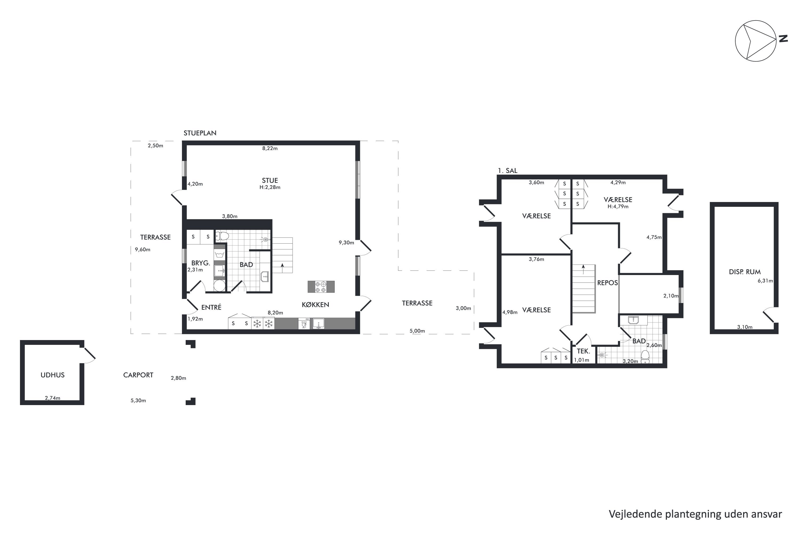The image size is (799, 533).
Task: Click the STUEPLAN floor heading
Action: (x=200, y=133)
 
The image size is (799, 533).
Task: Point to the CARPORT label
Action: (x=138, y=375)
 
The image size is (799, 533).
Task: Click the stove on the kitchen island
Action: (x=321, y=286)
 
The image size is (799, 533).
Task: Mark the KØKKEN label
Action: (x=315, y=305)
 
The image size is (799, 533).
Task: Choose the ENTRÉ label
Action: (x=211, y=307)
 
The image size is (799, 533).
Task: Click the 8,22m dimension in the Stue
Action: (x=270, y=148)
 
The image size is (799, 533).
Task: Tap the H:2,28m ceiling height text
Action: (x=270, y=187)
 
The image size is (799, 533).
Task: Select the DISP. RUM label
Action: (x=745, y=272)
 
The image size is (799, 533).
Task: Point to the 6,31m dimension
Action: (x=765, y=281)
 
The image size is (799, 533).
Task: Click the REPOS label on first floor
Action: (x=608, y=283)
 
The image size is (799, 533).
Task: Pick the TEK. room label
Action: (x=583, y=352)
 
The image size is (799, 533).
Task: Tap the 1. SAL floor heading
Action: (x=508, y=171)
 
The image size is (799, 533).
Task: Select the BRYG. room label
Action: (x=201, y=263)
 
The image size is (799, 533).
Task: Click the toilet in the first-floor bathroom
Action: (x=645, y=357)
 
